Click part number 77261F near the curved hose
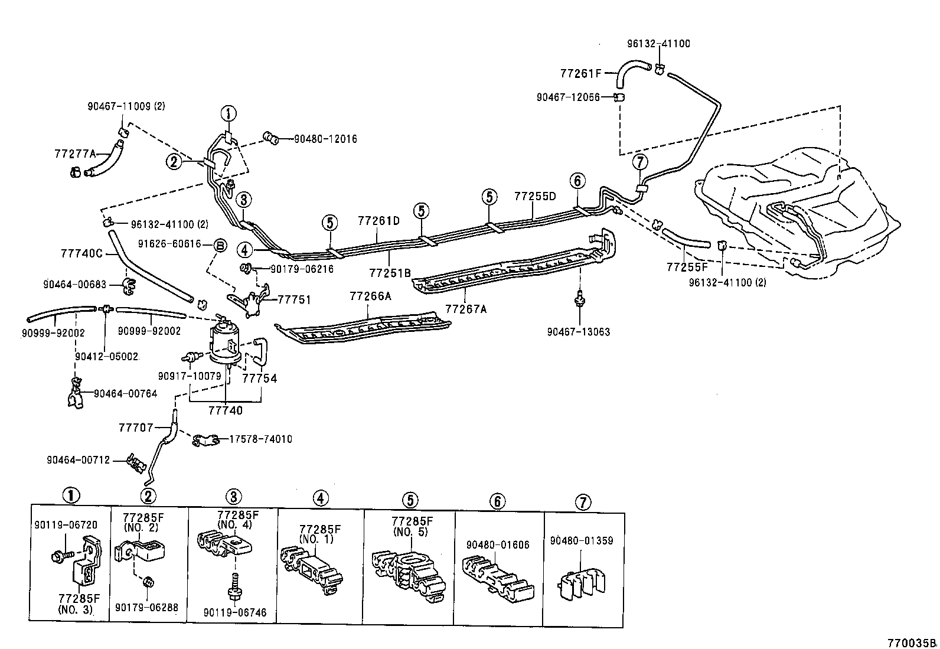(580, 73)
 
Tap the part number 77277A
(75, 154)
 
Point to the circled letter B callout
(219, 244)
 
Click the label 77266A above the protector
(370, 296)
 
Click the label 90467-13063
(578, 332)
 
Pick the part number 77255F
(687, 267)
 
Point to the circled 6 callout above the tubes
(577, 181)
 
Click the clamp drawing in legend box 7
(583, 583)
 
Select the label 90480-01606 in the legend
(498, 544)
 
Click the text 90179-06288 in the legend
(146, 606)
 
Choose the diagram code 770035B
(913, 643)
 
